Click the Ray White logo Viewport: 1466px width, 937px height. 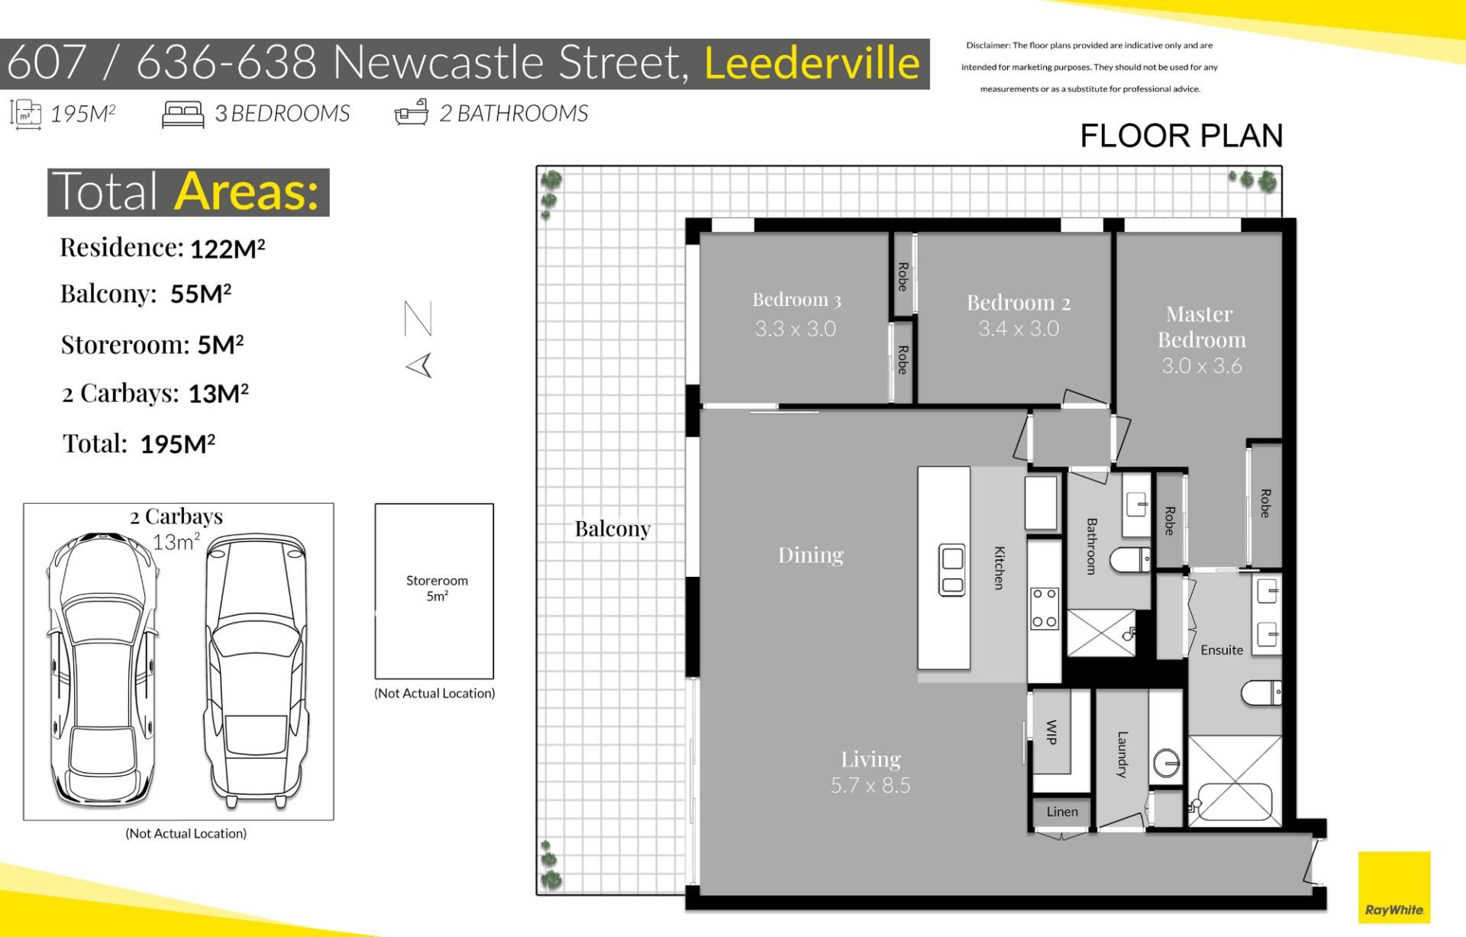pyautogui.click(x=1393, y=887)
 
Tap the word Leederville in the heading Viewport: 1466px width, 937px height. pyautogui.click(x=812, y=63)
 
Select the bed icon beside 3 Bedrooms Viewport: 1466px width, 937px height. pyautogui.click(x=182, y=114)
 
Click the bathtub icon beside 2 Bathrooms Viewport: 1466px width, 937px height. pyautogui.click(x=411, y=112)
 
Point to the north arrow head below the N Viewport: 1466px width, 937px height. pyautogui.click(x=419, y=365)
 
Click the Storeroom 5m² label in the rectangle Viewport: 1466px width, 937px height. pyautogui.click(x=437, y=588)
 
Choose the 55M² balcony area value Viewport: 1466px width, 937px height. pyautogui.click(x=201, y=294)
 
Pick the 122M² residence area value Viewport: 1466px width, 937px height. pyautogui.click(x=227, y=249)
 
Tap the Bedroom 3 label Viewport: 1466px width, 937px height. pyautogui.click(x=796, y=300)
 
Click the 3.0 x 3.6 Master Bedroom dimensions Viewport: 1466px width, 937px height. pyautogui.click(x=1202, y=365)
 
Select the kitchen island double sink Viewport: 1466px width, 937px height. pyautogui.click(x=952, y=571)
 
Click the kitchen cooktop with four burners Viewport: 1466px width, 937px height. pyautogui.click(x=1045, y=608)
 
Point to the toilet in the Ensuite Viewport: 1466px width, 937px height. pyautogui.click(x=1261, y=694)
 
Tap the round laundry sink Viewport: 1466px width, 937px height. pyautogui.click(x=1167, y=763)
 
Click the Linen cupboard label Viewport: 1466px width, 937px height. pyautogui.click(x=1062, y=812)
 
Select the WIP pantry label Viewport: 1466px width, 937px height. pyautogui.click(x=1051, y=732)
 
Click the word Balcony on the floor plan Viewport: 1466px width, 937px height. pyautogui.click(x=612, y=529)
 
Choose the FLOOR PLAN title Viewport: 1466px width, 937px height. pyautogui.click(x=1181, y=136)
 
